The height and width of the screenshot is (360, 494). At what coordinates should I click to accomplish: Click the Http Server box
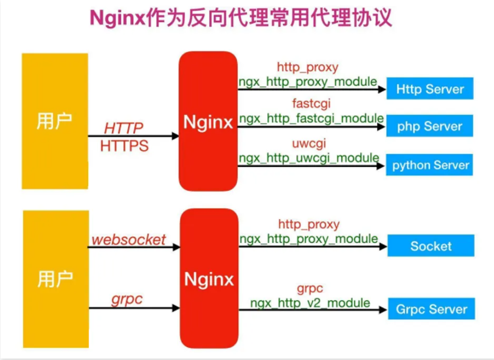point(430,89)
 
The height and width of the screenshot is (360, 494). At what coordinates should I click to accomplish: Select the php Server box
point(430,127)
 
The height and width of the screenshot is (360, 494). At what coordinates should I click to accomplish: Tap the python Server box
point(430,165)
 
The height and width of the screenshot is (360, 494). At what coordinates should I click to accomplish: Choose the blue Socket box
point(431,246)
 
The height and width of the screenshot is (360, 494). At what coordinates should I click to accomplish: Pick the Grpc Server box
point(431,309)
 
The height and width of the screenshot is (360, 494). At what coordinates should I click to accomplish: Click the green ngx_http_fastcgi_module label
point(311,118)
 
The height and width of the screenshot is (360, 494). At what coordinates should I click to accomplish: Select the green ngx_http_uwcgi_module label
point(309,157)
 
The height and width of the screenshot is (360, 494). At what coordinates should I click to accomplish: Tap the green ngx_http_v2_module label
point(310,303)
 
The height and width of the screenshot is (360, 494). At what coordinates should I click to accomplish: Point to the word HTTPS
point(124,146)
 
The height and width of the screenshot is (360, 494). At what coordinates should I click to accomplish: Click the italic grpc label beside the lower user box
point(127,299)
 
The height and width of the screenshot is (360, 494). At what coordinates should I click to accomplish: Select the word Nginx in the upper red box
point(208,122)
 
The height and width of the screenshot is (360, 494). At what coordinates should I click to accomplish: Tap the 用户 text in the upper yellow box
point(55,121)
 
